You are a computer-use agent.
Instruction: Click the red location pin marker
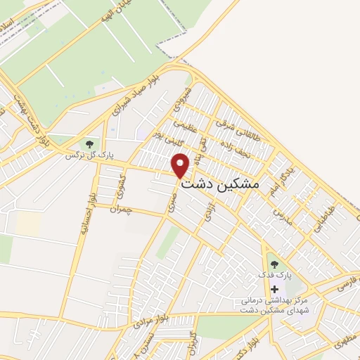[181, 165]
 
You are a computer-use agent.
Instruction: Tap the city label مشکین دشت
[221, 184]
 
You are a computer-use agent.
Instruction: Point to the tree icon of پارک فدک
[274, 264]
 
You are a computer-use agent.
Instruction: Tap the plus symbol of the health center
[274, 288]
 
